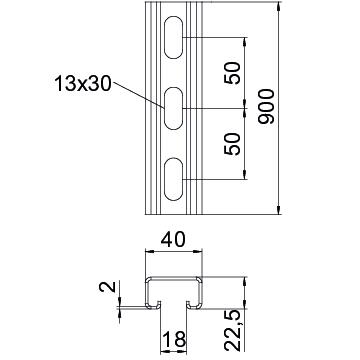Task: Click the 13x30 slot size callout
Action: point(83,83)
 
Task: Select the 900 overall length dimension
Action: point(267,107)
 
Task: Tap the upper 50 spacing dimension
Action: point(233,73)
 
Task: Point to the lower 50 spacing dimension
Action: point(233,144)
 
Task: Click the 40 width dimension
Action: point(173,240)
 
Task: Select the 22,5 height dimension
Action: point(233,330)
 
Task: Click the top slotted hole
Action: point(174,37)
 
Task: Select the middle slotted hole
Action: point(174,108)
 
